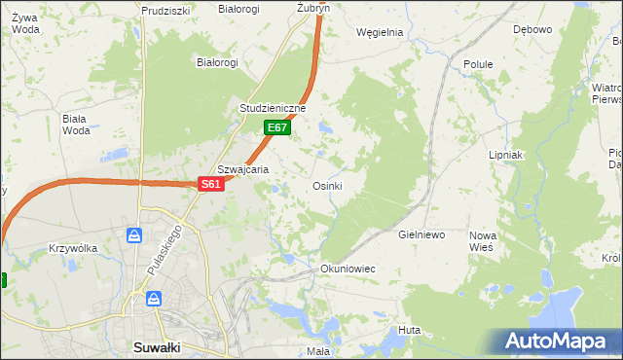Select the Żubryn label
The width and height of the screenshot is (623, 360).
tap(313, 8)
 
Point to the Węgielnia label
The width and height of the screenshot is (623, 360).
tap(380, 32)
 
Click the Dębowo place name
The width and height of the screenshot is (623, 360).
tap(532, 29)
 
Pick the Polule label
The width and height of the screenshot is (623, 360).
tap(478, 64)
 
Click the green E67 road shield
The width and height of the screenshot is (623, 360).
tap(277, 127)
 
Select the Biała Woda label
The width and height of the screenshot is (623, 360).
tap(75, 125)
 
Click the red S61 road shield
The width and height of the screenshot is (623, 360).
tap(212, 184)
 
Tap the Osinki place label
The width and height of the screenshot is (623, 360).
tap(326, 186)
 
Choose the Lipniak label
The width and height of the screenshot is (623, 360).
tap(506, 155)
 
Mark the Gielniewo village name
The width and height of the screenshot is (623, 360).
tap(421, 235)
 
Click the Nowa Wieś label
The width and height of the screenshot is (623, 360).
tap(482, 241)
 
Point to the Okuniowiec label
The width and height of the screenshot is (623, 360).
tap(348, 268)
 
